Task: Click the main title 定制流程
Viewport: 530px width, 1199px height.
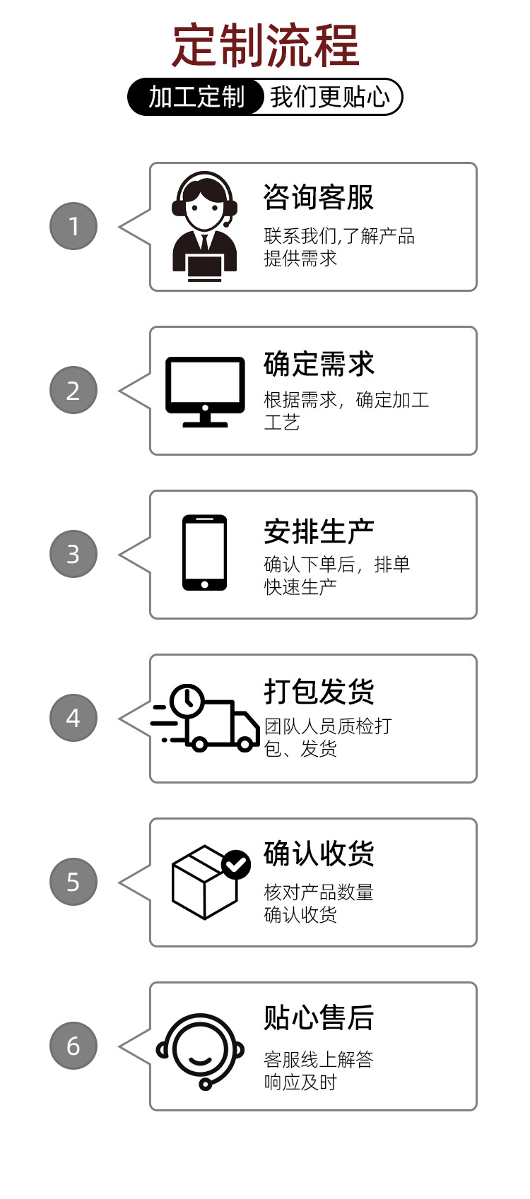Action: pos(266,46)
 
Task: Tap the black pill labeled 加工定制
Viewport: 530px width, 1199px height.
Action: pos(196,97)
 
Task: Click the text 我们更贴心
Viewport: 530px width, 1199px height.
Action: pos(329,97)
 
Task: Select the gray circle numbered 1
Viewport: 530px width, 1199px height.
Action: pos(73,226)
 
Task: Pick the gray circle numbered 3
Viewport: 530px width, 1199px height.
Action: pos(73,554)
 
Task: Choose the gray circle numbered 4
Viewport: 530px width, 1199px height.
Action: pos(73,718)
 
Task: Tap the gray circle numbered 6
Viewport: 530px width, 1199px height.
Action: pos(73,1046)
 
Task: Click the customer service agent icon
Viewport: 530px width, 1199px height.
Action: pos(204,226)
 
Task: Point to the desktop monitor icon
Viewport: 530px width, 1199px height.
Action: pos(205,391)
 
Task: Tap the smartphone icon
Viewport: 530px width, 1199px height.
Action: pos(204,553)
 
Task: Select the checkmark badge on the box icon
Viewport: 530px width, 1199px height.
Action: pos(236,863)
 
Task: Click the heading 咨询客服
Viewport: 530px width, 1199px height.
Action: pos(318,197)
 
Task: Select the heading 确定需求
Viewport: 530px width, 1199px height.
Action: pos(319,364)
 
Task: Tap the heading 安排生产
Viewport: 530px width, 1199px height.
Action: pos(319,531)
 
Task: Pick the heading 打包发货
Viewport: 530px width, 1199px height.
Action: pos(319,692)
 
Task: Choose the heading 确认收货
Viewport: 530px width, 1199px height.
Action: pos(319,854)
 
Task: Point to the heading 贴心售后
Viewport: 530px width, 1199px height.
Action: pos(319,1017)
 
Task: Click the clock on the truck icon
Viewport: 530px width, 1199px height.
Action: pos(187,700)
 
